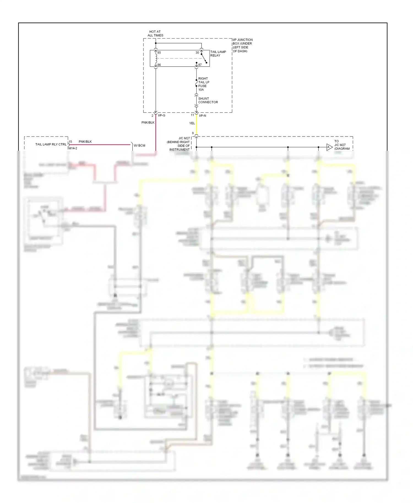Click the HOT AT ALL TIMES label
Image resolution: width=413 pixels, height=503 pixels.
click(x=155, y=34)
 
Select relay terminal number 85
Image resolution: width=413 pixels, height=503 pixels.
click(x=159, y=53)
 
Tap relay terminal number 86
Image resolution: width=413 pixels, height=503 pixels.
click(x=159, y=65)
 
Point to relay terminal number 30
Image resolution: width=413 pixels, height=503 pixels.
click(x=197, y=53)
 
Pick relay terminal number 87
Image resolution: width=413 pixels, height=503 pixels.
click(x=200, y=65)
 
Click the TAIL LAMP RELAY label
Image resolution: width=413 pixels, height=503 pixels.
click(x=218, y=54)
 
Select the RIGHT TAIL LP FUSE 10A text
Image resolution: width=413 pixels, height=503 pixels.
click(x=203, y=84)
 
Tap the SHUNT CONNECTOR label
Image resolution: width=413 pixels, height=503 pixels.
click(x=208, y=100)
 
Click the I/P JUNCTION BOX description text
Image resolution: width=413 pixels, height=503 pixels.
click(x=242, y=45)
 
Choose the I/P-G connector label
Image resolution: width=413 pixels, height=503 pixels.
click(x=162, y=116)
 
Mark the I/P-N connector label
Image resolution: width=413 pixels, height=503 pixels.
click(x=202, y=116)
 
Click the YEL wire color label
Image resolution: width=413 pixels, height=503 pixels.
click(x=192, y=123)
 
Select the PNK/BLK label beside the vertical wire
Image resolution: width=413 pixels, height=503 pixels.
click(x=148, y=122)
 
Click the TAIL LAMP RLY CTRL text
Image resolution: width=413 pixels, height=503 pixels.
click(x=51, y=144)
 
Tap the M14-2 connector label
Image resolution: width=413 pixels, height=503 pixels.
click(x=73, y=148)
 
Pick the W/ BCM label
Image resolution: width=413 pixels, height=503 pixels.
click(x=139, y=146)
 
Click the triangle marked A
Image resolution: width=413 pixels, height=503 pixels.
click(x=329, y=147)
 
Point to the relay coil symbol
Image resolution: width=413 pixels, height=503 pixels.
click(x=156, y=58)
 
